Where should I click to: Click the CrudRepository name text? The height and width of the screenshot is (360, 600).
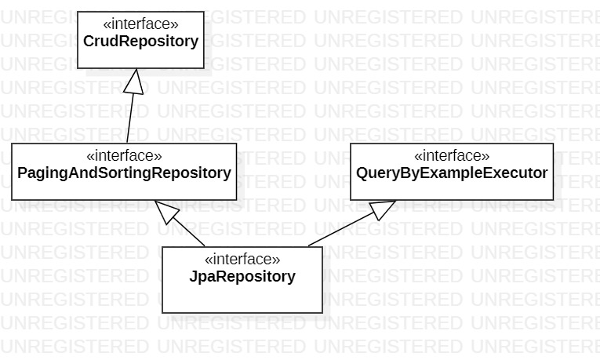tap(141, 42)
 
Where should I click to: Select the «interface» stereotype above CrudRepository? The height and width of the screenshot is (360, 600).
tap(141, 24)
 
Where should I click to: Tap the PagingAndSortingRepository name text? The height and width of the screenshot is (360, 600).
tap(124, 173)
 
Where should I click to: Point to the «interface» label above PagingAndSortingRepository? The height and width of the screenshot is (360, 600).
tap(124, 155)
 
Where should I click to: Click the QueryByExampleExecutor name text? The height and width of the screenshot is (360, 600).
tap(452, 173)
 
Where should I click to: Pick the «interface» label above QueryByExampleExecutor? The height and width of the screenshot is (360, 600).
tap(452, 155)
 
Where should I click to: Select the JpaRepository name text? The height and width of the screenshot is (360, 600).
tap(242, 276)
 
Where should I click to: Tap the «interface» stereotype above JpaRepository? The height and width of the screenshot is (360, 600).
tap(242, 259)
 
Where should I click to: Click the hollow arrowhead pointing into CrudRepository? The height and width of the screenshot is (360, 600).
tap(136, 78)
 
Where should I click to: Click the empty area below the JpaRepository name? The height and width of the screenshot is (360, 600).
tap(242, 298)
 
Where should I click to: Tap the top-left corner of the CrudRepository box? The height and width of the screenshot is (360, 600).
tap(78, 12)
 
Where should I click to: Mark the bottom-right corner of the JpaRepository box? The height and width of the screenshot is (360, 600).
tap(322, 312)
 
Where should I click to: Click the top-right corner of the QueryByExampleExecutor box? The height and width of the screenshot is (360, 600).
tap(554, 144)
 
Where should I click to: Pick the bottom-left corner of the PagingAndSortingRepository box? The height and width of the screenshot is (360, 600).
tap(12, 199)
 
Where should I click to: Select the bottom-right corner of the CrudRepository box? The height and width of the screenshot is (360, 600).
tap(204, 68)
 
